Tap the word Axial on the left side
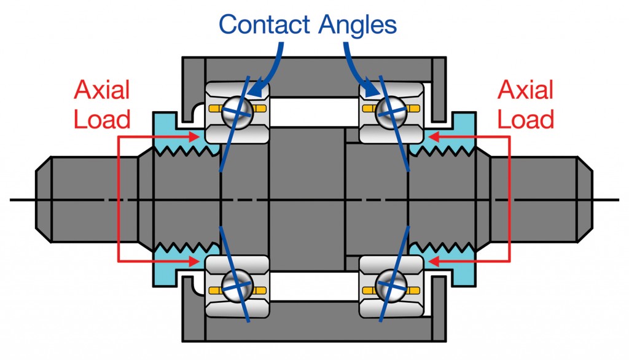[x=101, y=90]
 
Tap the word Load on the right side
[x=526, y=118]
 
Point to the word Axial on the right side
[x=526, y=90]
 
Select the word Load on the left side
[x=102, y=118]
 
